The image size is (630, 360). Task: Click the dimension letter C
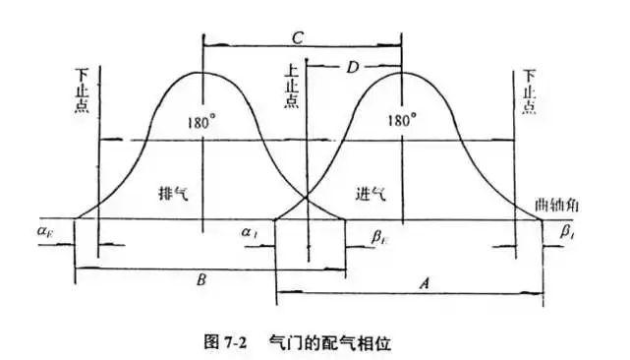coord(298,36)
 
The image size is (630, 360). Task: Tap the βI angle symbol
coord(567,232)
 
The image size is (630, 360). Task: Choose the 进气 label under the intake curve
coord(371,194)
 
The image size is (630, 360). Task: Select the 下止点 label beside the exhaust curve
coord(82,90)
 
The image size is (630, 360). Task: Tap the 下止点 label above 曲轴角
coord(531,90)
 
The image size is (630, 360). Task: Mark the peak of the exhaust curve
coord(201,72)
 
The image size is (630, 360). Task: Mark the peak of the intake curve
coord(402,72)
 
